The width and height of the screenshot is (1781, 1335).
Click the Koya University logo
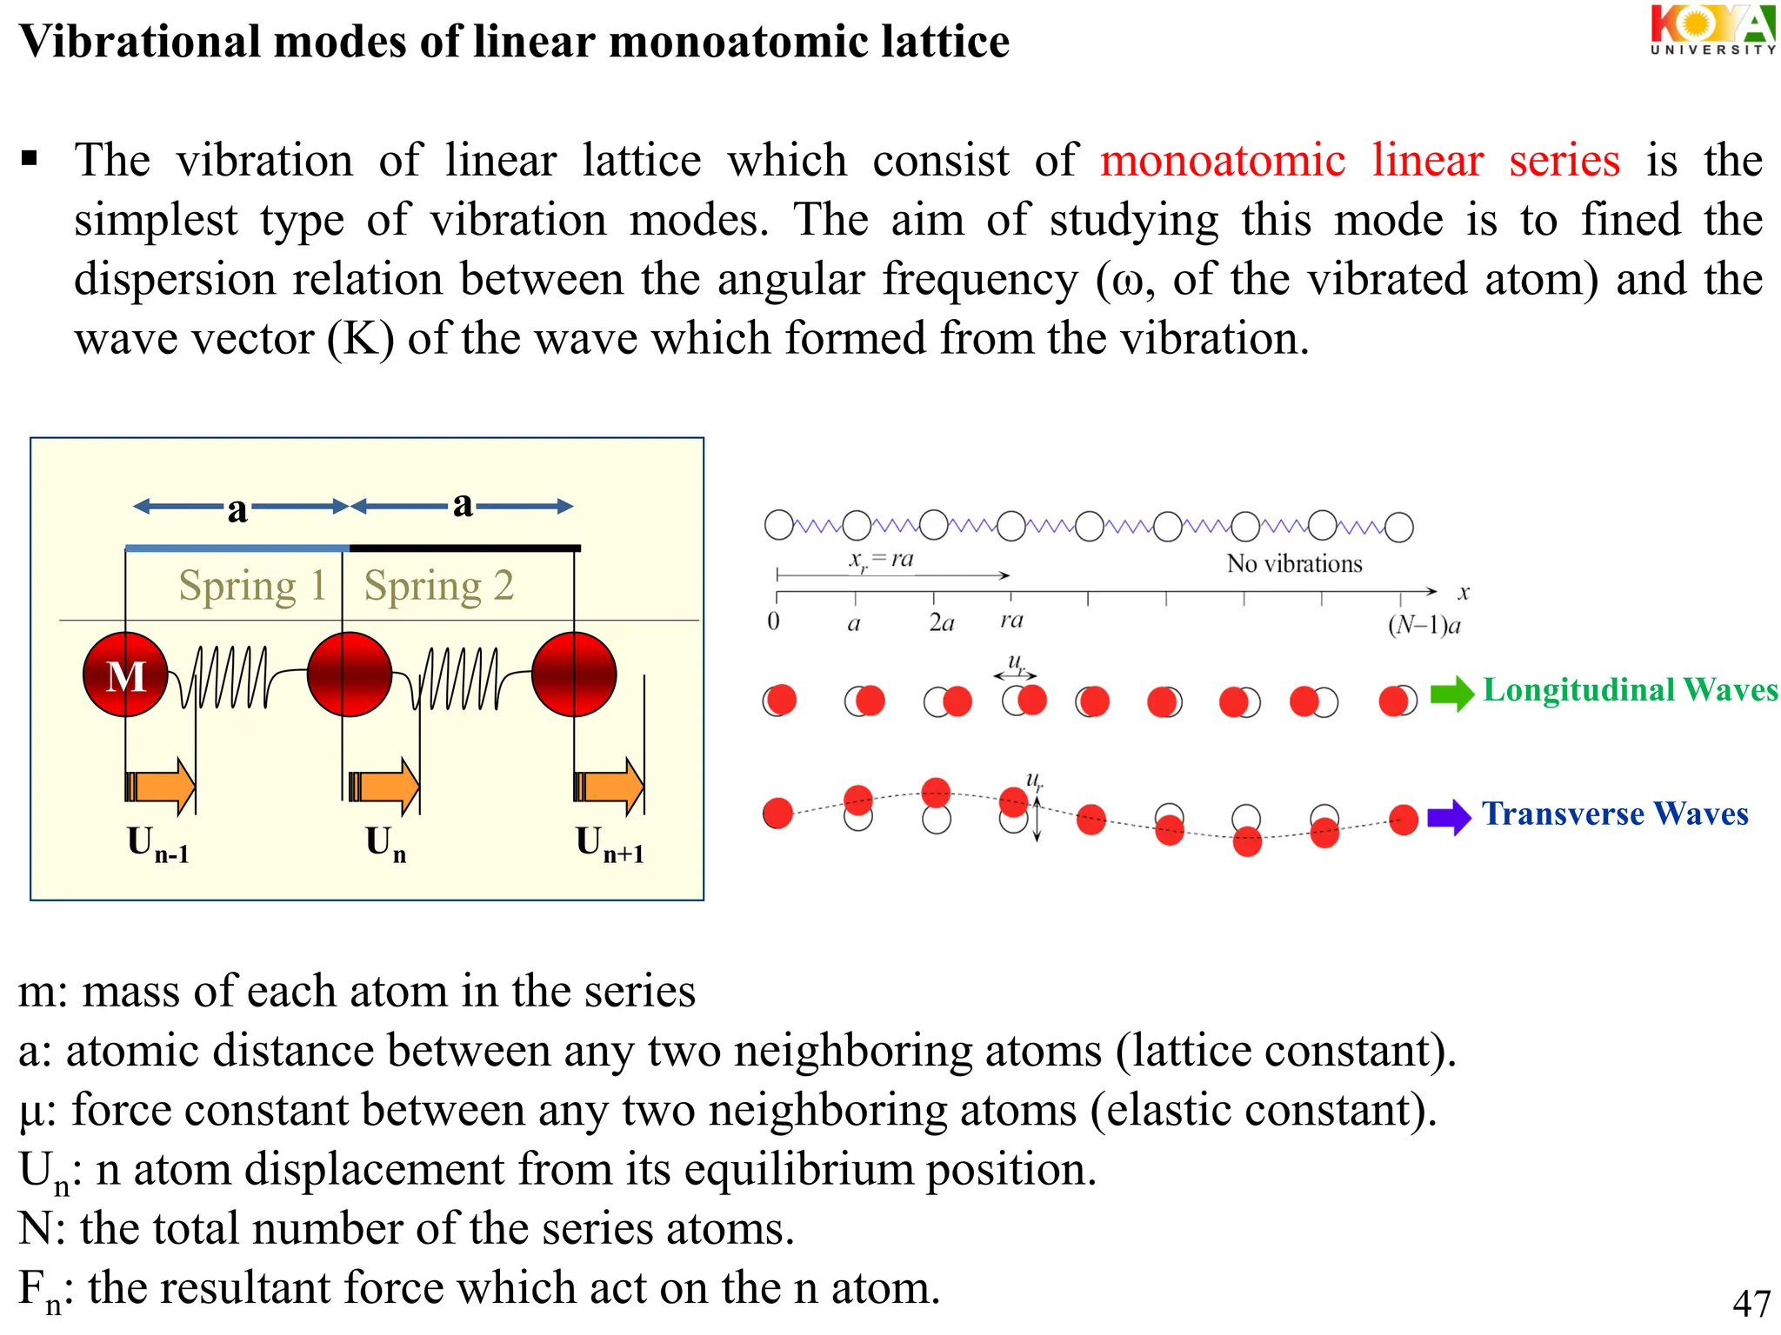pyautogui.click(x=1711, y=30)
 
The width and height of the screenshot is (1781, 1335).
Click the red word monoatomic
pyautogui.click(x=1223, y=161)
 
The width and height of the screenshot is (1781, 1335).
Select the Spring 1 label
pyautogui.click(x=252, y=585)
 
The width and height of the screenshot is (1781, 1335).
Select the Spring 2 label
pyautogui.click(x=438, y=585)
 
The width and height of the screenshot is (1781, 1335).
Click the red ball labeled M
pyautogui.click(x=126, y=674)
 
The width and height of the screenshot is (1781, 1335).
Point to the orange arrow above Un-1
pyautogui.click(x=161, y=786)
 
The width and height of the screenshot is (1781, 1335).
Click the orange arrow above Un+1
pyautogui.click(x=610, y=786)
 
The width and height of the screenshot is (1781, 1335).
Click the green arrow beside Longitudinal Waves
pyautogui.click(x=1451, y=693)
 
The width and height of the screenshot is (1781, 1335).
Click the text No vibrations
pyautogui.click(x=1294, y=564)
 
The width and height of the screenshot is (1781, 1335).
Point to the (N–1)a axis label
pyautogui.click(x=1424, y=625)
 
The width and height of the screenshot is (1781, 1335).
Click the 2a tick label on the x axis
pyautogui.click(x=941, y=622)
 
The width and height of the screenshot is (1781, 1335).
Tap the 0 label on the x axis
pyautogui.click(x=773, y=621)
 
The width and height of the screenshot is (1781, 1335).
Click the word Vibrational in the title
pyautogui.click(x=139, y=42)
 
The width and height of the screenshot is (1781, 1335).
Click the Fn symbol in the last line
pyautogui.click(x=40, y=1291)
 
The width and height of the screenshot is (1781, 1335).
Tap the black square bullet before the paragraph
pyautogui.click(x=30, y=158)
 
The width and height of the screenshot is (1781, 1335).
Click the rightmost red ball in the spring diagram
pyautogui.click(x=574, y=674)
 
